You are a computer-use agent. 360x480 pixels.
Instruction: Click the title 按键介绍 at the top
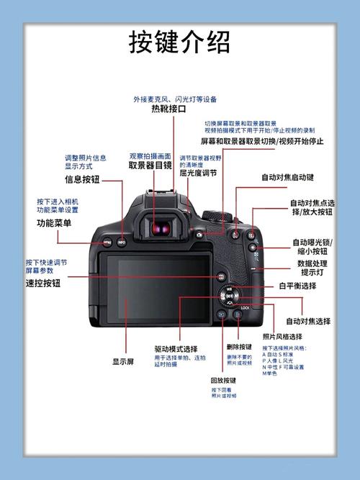pos(180,44)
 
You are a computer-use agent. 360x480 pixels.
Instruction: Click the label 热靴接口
pos(168,110)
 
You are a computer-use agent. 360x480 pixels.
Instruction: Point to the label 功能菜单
pos(54,223)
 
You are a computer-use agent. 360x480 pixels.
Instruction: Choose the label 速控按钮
pos(43,283)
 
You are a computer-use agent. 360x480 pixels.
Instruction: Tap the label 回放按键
pos(223,381)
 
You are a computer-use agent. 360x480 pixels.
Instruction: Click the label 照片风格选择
pos(282,337)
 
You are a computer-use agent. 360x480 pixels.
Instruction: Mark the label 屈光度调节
pos(198,173)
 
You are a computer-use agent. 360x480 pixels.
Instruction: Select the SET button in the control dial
pos(230,295)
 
